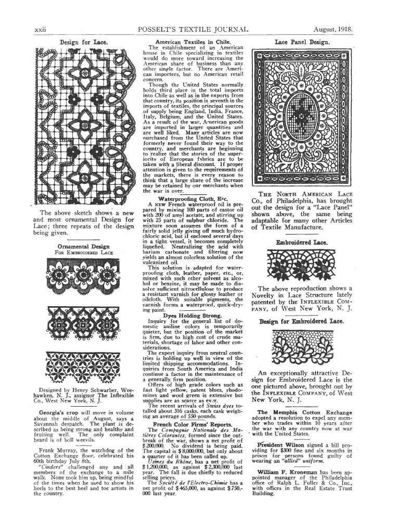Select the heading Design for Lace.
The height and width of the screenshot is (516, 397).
point(76,41)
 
